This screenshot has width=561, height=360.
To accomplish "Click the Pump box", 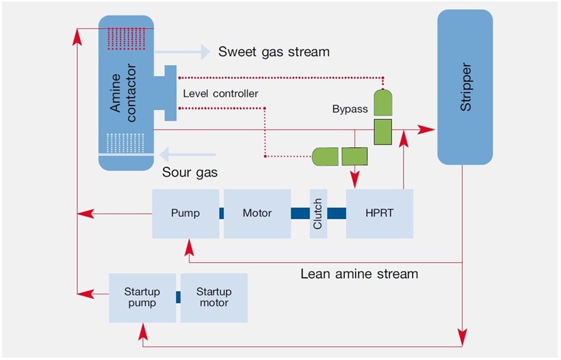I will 185,214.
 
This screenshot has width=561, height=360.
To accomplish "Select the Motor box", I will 257,214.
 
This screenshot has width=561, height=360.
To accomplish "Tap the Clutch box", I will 318,214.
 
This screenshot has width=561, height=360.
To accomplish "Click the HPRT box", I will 380,214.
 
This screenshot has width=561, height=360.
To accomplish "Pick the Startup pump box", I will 142,298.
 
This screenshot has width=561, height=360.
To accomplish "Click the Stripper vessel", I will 465,88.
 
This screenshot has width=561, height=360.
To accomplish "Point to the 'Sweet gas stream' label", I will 274,52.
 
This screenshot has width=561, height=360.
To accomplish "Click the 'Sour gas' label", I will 190,172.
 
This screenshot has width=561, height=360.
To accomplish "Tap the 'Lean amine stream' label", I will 359,274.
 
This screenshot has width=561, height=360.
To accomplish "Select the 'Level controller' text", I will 221,93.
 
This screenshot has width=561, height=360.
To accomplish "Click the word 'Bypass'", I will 350,110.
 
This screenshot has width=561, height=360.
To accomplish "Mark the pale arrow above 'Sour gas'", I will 183,152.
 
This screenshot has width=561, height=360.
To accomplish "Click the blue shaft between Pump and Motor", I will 221,214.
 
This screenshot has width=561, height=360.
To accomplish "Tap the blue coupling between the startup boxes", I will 178,298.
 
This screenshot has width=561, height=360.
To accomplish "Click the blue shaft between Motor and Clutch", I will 300,214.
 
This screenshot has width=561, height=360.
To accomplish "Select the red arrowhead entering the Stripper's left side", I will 428,129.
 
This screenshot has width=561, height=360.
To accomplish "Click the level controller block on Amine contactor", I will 167,93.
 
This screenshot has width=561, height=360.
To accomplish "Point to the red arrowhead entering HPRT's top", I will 355,181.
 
